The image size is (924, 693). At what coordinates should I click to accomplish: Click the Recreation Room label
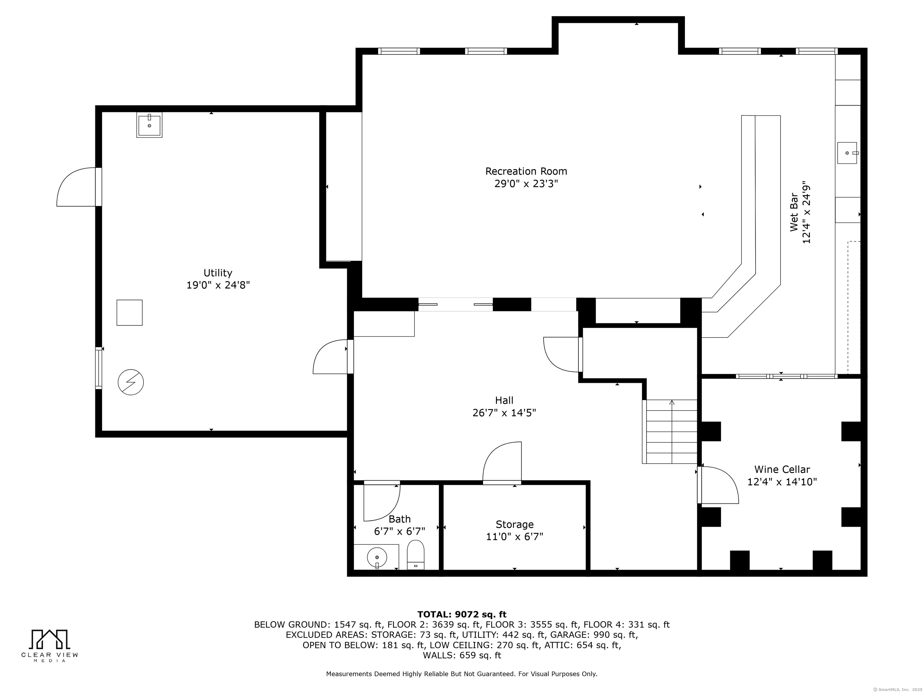[526, 171]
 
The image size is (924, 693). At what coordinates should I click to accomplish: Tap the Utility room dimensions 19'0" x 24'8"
[218, 285]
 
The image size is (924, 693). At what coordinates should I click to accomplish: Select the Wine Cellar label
[782, 470]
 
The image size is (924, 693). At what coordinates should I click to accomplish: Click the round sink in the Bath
[377, 557]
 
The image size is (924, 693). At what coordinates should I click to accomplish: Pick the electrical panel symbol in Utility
[131, 382]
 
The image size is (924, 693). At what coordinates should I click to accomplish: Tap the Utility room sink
[149, 125]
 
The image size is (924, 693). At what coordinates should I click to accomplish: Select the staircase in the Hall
[670, 432]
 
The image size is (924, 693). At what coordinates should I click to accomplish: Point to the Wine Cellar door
[718, 485]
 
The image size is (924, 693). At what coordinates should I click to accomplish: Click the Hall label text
[504, 400]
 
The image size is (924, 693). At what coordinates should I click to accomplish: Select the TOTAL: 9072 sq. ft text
[462, 614]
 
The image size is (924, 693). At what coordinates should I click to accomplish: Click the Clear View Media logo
[50, 645]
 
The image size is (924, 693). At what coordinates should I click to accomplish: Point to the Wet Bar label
[794, 212]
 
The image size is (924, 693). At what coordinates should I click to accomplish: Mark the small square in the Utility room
[130, 313]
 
